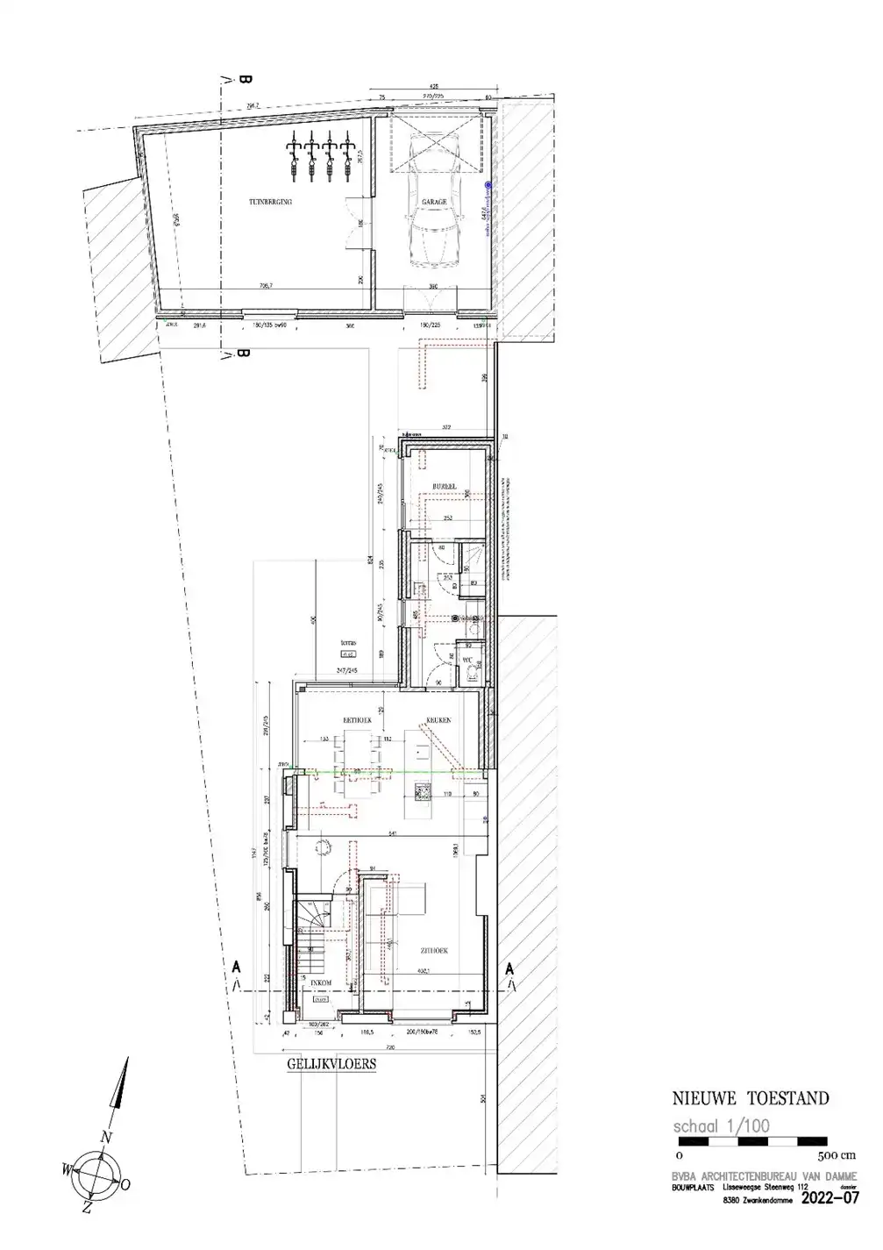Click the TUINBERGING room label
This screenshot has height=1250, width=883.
click(x=269, y=202)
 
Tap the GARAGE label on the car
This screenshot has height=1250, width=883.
click(x=434, y=202)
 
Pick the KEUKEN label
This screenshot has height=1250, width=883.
click(x=438, y=719)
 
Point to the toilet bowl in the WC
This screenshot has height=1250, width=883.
click(x=474, y=672)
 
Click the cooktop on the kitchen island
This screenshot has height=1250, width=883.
click(x=422, y=792)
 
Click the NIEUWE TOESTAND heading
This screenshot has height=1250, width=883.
click(x=750, y=1098)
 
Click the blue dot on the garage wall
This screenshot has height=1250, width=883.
click(x=489, y=185)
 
